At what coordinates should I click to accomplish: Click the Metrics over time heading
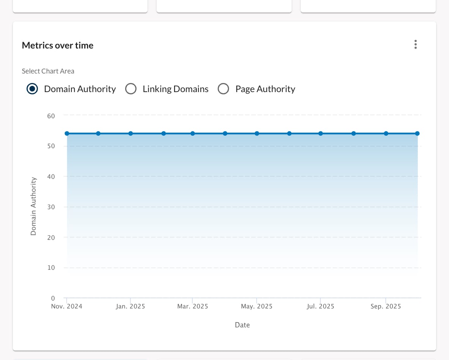click(x=58, y=45)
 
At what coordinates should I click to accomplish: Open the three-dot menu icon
click(x=416, y=44)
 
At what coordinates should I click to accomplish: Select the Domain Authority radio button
click(x=32, y=89)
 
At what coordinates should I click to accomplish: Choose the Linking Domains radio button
click(x=131, y=89)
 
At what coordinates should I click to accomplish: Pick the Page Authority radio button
click(x=223, y=89)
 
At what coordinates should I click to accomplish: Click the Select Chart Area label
click(x=48, y=71)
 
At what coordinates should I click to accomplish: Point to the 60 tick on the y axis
click(x=51, y=116)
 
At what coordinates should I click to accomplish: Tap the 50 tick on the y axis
click(x=51, y=146)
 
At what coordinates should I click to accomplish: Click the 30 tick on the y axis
click(x=51, y=207)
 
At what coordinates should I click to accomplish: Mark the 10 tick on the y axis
click(x=51, y=268)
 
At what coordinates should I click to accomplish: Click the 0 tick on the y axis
click(x=53, y=298)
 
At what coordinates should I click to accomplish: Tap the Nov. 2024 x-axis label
click(x=67, y=306)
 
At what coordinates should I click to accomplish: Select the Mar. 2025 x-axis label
click(x=193, y=306)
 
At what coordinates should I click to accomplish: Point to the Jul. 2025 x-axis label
click(x=320, y=306)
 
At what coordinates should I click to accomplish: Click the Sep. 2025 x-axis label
click(x=386, y=306)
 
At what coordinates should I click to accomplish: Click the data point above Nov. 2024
click(x=67, y=133)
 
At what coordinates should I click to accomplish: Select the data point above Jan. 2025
click(x=130, y=133)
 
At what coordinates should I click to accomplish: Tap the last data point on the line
click(x=417, y=133)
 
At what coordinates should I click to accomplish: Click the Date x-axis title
click(x=242, y=325)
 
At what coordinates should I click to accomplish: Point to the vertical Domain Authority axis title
click(x=33, y=206)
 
